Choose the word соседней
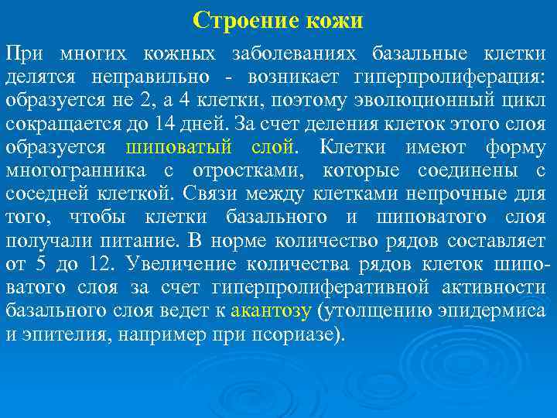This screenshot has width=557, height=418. tap(45, 194)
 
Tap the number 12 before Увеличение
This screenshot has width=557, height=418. tap(99, 265)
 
